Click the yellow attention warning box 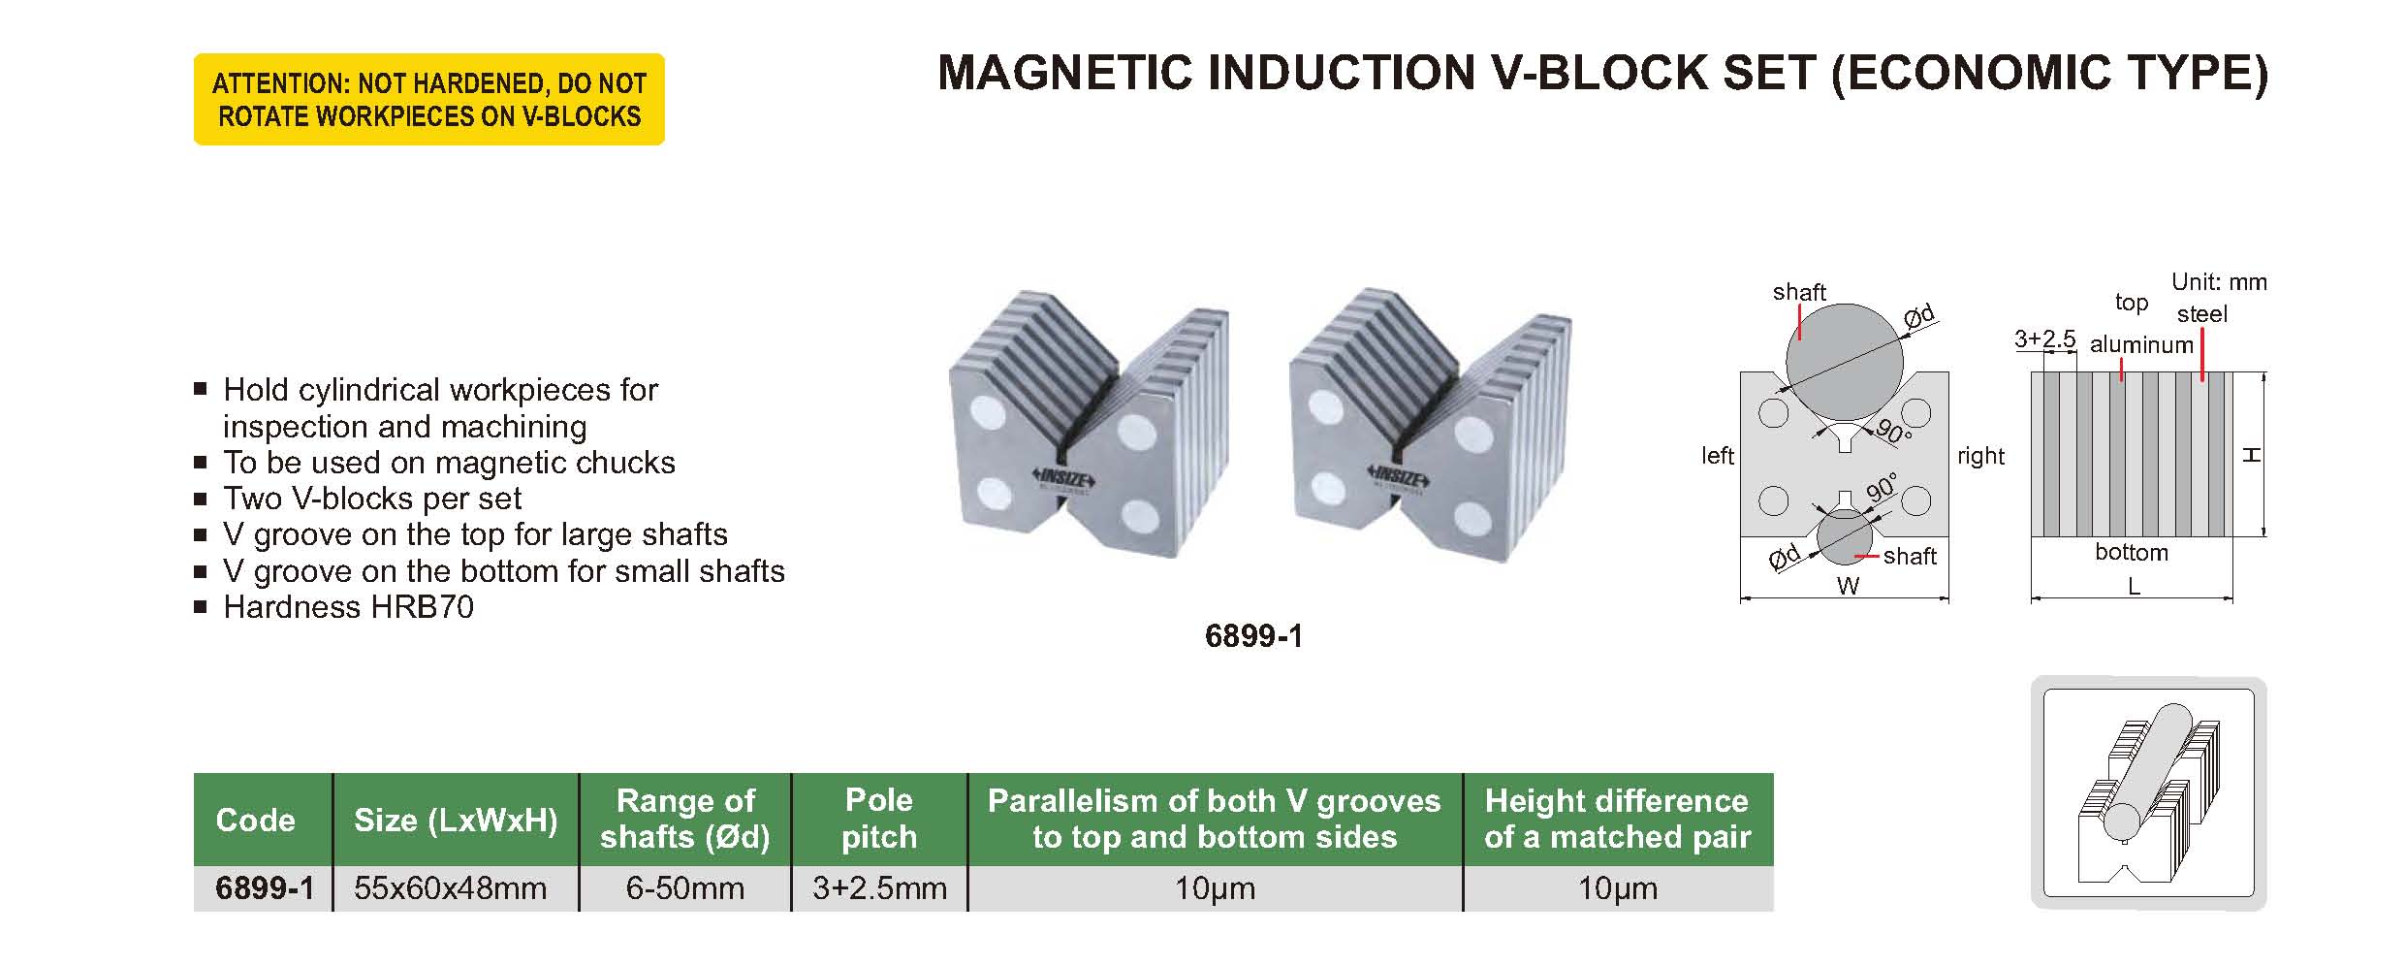tap(429, 99)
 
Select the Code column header tap(255, 820)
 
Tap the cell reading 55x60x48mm tap(451, 888)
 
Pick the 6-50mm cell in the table tap(685, 888)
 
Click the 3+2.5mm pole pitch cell tap(879, 888)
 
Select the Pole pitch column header tap(879, 819)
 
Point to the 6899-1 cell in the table tap(265, 888)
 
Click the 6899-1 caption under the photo tap(1253, 636)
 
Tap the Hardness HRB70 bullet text tap(348, 607)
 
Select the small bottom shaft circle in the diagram tap(1846, 537)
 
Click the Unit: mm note tap(2219, 282)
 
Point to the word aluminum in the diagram tap(2141, 344)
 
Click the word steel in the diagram tap(2202, 314)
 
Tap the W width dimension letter tap(1848, 586)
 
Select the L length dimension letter tap(2134, 587)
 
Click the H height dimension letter tap(2252, 454)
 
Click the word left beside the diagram tap(1718, 455)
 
